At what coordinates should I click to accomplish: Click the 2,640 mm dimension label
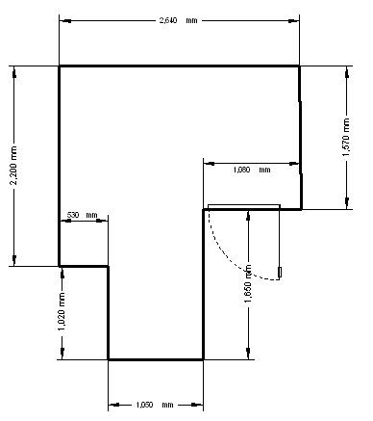pyautogui.click(x=179, y=20)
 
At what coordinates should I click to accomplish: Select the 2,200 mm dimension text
pyautogui.click(x=13, y=166)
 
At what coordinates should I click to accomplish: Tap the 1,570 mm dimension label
pyautogui.click(x=346, y=137)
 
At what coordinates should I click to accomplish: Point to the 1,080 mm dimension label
pyautogui.click(x=252, y=170)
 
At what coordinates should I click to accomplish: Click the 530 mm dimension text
pyautogui.click(x=82, y=215)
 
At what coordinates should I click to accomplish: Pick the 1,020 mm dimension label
pyautogui.click(x=62, y=311)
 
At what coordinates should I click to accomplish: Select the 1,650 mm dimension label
pyautogui.click(x=248, y=283)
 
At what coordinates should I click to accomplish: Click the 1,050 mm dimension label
pyautogui.click(x=155, y=405)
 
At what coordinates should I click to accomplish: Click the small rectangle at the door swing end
pyautogui.click(x=280, y=272)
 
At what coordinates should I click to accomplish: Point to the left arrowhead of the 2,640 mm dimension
pyautogui.click(x=65, y=21)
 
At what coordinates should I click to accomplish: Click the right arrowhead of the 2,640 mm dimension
pyautogui.click(x=293, y=21)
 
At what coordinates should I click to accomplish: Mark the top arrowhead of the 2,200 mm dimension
pyautogui.click(x=14, y=73)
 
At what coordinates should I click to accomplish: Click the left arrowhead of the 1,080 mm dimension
pyautogui.click(x=210, y=164)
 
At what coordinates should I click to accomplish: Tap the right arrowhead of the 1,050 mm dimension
pyautogui.click(x=197, y=405)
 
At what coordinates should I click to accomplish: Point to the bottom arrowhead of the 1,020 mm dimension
pyautogui.click(x=62, y=354)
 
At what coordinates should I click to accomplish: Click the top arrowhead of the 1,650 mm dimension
pyautogui.click(x=248, y=216)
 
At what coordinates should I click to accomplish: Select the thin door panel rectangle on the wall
pyautogui.click(x=244, y=206)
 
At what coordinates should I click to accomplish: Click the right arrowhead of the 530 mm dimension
pyautogui.click(x=102, y=221)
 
